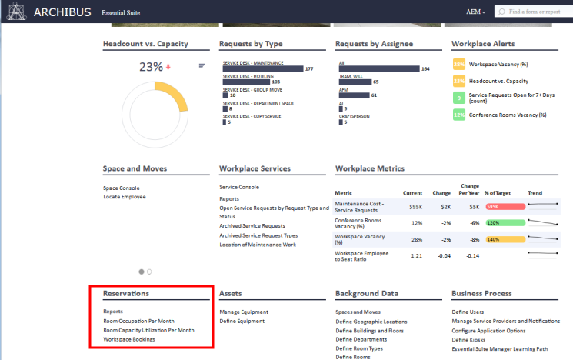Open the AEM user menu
475,12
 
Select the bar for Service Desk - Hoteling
245,82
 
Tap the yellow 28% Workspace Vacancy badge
458,65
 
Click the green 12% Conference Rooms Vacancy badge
458,115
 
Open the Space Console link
122,188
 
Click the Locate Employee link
124,197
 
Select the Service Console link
239,187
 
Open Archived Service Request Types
258,235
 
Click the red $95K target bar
504,206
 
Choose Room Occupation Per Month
138,321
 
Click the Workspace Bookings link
128,339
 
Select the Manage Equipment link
243,312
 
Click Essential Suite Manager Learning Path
500,348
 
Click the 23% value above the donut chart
151,67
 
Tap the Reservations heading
126,293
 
